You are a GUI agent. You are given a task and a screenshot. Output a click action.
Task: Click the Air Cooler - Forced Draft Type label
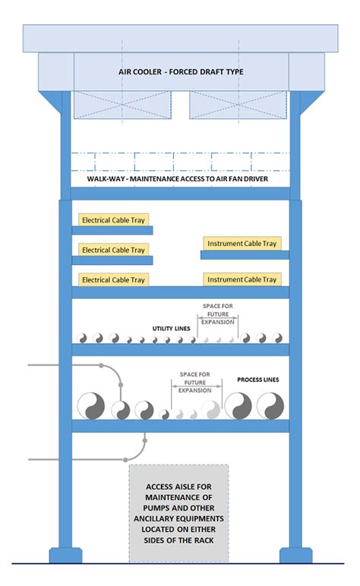coord(180,72)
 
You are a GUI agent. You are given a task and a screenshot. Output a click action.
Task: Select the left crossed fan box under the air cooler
coord(122,105)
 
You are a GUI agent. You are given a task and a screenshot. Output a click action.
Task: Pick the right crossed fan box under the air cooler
coord(237,105)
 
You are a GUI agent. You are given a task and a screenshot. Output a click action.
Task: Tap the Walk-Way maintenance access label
coord(180,179)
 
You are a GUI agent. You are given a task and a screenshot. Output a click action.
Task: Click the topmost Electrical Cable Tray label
coord(113,219)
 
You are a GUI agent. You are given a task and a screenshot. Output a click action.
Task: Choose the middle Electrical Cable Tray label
coord(113,250)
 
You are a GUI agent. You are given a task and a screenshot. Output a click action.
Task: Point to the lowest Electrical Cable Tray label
coord(113,280)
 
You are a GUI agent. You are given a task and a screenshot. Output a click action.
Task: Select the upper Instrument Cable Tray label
coord(242,244)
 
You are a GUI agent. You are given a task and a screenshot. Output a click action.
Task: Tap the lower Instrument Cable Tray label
coord(242,280)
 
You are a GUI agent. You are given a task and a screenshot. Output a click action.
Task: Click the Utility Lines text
coord(170,329)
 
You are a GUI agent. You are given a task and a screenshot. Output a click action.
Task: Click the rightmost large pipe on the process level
coord(270,405)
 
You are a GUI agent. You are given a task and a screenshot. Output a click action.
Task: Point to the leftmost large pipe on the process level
coord(92,405)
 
